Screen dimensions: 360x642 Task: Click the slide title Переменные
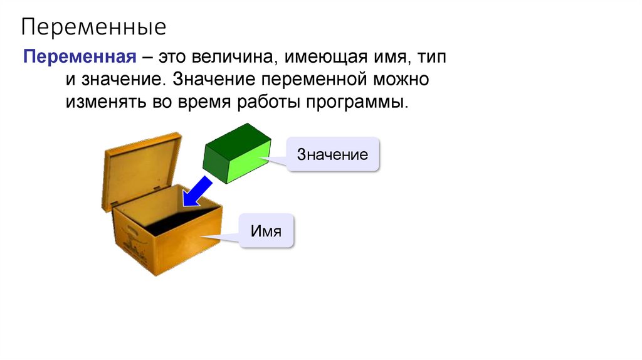pos(94,27)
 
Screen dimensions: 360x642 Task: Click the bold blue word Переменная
pos(80,58)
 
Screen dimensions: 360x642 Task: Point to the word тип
pos(433,58)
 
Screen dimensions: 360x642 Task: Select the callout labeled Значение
pos(333,154)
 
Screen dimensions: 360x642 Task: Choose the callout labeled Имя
pos(266,231)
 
